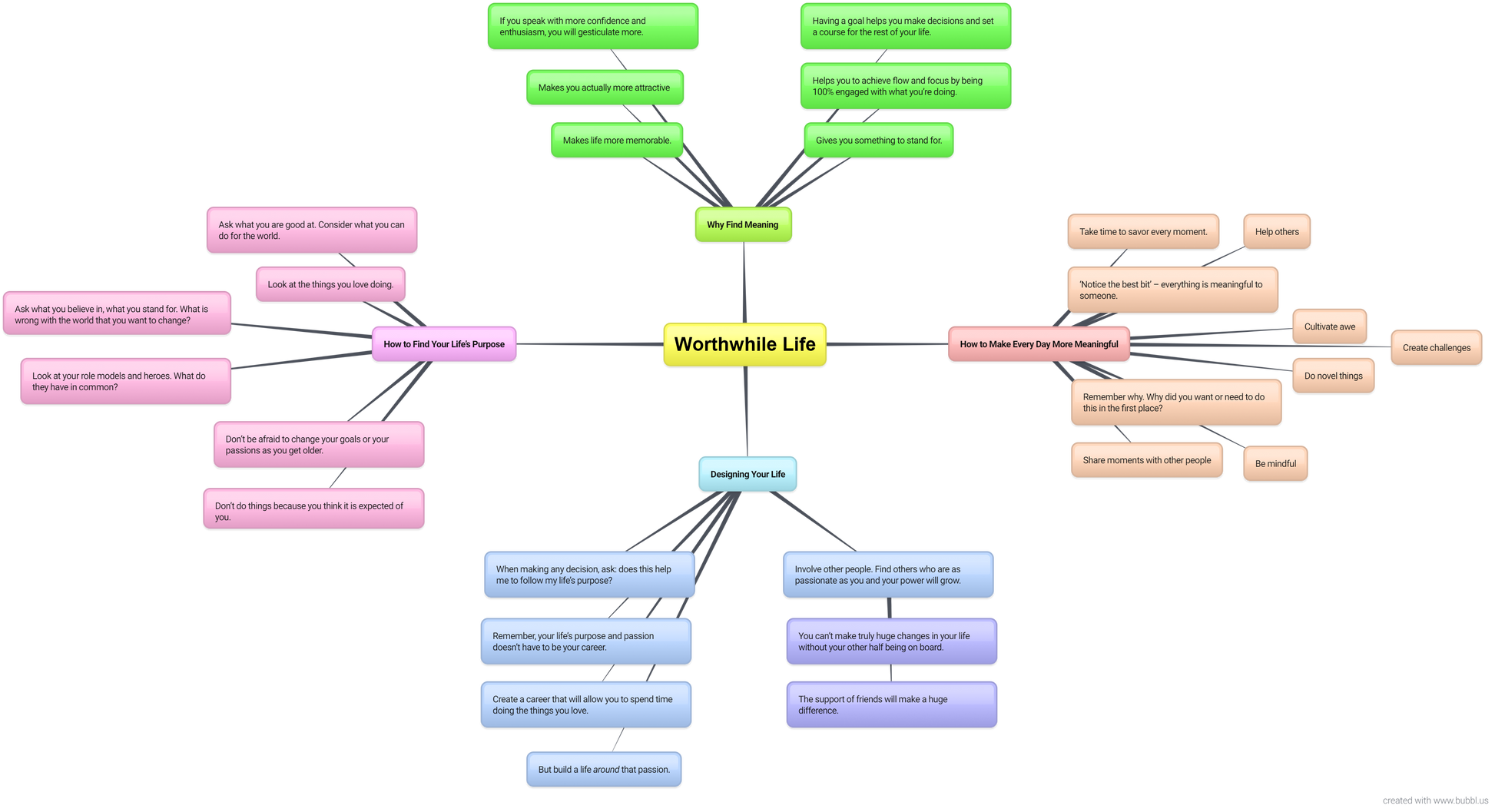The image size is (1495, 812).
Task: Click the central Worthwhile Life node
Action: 744,344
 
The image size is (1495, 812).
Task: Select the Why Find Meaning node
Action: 743,224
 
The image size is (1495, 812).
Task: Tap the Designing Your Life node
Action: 747,474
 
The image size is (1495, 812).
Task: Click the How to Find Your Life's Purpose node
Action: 444,344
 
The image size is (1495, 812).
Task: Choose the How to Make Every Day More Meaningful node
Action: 1039,344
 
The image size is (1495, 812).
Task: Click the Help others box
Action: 1277,231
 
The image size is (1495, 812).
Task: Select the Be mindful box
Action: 1275,463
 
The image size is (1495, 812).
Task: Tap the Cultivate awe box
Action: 1330,326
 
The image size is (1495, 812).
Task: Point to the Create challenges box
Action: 1437,347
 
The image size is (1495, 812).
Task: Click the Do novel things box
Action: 1334,376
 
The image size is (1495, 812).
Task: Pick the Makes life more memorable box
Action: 617,140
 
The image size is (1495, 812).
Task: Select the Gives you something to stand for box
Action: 879,140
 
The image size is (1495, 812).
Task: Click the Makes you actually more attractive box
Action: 605,88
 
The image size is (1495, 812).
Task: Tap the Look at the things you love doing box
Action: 330,284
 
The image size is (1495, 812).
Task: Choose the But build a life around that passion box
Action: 604,769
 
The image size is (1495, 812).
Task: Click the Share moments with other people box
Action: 1147,460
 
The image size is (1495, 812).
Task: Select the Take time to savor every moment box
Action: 1143,231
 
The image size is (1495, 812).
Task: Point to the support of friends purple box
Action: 892,704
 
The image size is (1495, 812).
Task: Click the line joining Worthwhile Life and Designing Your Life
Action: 746,412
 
